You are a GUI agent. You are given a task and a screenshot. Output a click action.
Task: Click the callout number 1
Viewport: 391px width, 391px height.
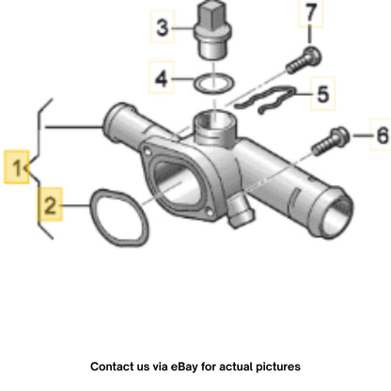tap(16, 167)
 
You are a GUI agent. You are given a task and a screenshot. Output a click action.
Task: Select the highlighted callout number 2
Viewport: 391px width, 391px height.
tap(50, 205)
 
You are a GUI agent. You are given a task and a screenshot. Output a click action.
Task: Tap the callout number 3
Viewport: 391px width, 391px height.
tap(162, 27)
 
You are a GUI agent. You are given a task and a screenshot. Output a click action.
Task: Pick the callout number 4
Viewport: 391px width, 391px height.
tap(162, 78)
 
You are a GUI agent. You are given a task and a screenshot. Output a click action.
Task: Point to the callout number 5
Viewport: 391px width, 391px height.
tap(323, 94)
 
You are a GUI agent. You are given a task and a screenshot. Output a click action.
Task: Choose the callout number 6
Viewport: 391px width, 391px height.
tap(383, 135)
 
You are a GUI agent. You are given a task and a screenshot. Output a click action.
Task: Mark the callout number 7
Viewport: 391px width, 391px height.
tap(310, 12)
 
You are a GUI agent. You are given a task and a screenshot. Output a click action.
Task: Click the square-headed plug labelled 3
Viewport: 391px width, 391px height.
tap(213, 31)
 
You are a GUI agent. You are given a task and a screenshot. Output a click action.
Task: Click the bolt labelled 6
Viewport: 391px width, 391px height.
tap(331, 142)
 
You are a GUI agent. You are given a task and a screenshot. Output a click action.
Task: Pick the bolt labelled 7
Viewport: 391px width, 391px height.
tap(304, 60)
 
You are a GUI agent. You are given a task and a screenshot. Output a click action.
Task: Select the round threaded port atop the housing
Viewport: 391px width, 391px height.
tap(214, 120)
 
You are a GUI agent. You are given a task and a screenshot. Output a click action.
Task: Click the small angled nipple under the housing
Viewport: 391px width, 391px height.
tap(241, 212)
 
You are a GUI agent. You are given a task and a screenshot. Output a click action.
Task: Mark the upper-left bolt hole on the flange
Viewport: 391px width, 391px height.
tap(147, 153)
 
